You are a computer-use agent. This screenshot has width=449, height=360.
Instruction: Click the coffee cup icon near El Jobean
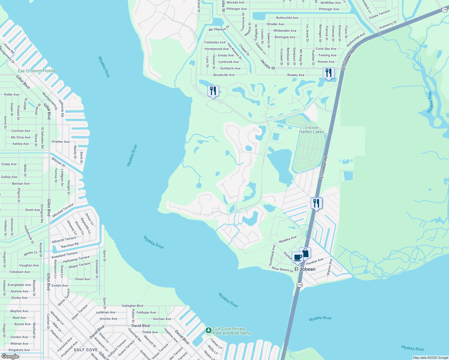pyautogui.click(x=297, y=257)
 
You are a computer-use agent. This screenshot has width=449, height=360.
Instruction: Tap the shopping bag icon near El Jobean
pyautogui.click(x=305, y=253)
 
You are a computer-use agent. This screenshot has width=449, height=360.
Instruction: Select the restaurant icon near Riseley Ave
pyautogui.click(x=329, y=73)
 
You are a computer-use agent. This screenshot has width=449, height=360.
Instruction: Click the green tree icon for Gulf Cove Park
pyautogui.click(x=208, y=330)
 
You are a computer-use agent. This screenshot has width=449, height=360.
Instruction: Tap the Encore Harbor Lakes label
pyautogui.click(x=312, y=130)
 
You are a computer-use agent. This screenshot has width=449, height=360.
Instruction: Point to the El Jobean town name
pyautogui.click(x=305, y=269)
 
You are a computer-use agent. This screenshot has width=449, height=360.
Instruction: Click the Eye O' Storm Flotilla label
pyautogui.click(x=37, y=71)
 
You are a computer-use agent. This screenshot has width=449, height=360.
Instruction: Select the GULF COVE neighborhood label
pyautogui.click(x=86, y=350)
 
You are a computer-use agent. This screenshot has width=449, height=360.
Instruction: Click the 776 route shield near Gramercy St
pyautogui.click(x=444, y=10)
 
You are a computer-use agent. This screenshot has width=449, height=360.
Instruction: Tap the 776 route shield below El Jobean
pyautogui.click(x=299, y=285)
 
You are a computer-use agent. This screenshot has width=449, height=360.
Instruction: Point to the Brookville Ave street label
pyautogui.click(x=224, y=75)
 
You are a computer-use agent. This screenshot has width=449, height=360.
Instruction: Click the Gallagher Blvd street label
pyautogui.click(x=132, y=306)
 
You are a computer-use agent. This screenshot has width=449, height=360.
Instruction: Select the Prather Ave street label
pyautogui.click(x=61, y=142)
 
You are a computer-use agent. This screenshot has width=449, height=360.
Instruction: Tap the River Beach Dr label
pyautogui.click(x=282, y=269)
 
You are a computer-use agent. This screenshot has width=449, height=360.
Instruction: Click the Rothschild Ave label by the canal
pyautogui.click(x=287, y=18)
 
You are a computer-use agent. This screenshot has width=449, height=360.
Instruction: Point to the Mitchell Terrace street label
pyautogui.click(x=63, y=211)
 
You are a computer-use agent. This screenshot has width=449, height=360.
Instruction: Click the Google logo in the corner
pyautogui.click(x=10, y=356)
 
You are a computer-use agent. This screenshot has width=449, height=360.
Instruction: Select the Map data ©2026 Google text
pyautogui.click(x=430, y=358)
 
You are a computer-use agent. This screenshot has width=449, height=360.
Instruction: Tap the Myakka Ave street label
pyautogui.click(x=288, y=239)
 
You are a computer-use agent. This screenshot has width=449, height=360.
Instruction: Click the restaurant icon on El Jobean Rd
pyautogui.click(x=316, y=203)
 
